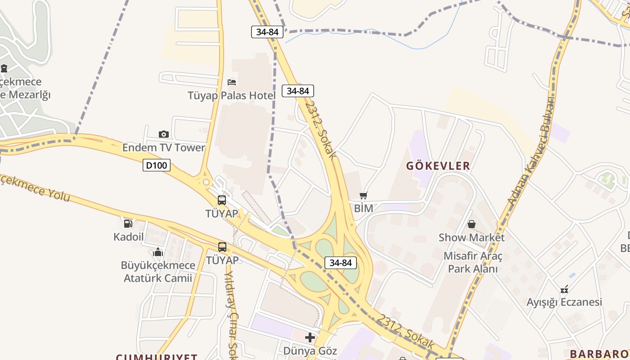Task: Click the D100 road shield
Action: pos(157,165)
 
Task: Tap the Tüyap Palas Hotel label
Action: pos(232,95)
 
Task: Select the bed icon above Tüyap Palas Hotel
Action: pos(232,82)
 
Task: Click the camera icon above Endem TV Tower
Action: pos(164,134)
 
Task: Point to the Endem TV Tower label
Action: pos(164,148)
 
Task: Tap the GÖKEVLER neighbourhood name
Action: pos(438,166)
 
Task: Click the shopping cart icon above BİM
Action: pos(364,196)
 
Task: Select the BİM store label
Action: pos(364,208)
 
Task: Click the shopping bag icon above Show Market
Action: pos(472,224)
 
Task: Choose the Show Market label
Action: pos(472,237)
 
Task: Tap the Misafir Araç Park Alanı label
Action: pos(472,262)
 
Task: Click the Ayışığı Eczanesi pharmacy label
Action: pos(564,302)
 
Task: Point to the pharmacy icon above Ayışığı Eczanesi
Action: pos(564,289)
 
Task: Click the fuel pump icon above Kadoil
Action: pos(128,223)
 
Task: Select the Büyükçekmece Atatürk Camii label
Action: pos(158,271)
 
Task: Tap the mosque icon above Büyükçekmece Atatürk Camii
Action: pos(158,252)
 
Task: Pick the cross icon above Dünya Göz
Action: pos(310,337)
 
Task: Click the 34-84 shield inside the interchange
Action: pos(340,263)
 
